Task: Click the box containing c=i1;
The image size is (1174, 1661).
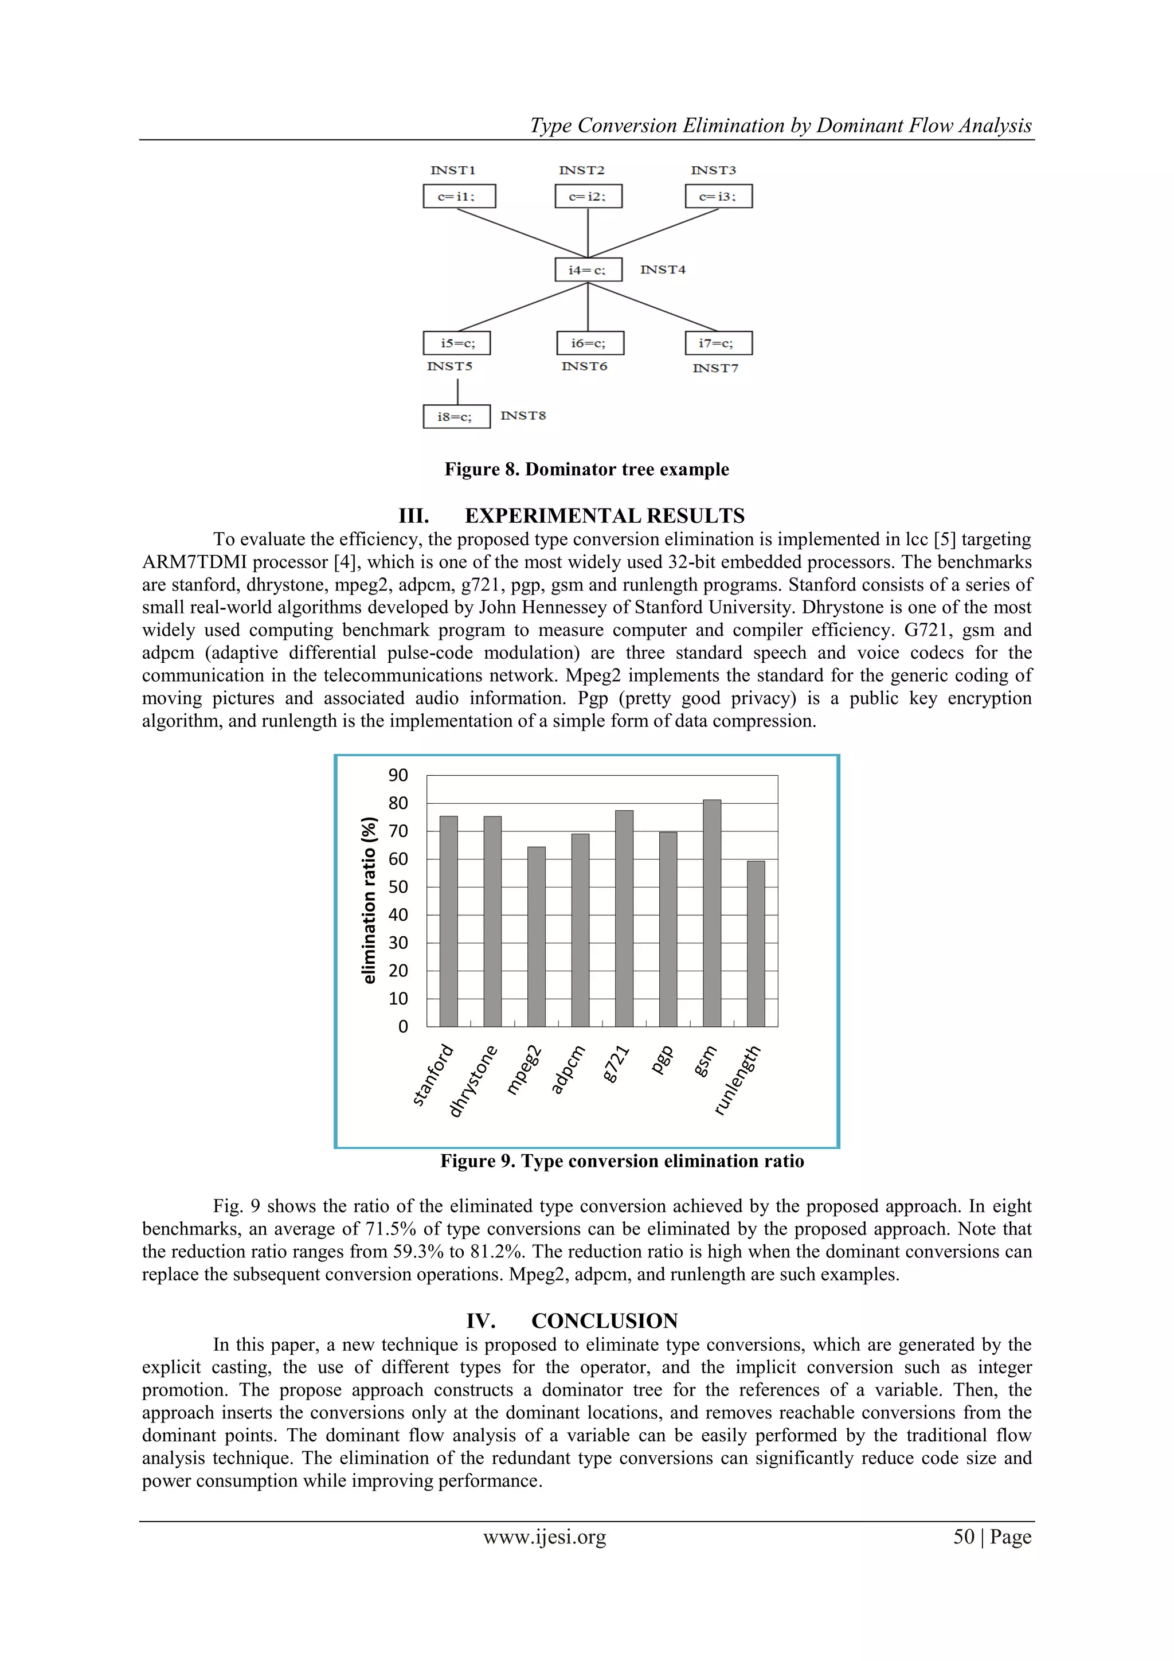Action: pos(459,196)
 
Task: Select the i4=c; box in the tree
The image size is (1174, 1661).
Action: pos(588,270)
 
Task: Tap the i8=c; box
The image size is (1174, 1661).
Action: pos(456,417)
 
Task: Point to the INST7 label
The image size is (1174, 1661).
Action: pos(715,368)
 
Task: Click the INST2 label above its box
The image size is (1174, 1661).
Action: pos(582,170)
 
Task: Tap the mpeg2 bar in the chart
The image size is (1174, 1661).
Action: pos(536,936)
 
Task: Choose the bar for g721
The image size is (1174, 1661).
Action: pos(624,918)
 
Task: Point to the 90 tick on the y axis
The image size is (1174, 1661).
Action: pos(398,776)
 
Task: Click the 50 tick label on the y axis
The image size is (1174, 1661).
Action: pos(398,887)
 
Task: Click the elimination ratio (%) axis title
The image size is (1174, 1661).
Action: pos(369,900)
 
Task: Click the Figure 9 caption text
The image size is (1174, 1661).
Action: pos(621,1161)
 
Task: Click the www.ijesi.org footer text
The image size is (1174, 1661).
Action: pos(544,1537)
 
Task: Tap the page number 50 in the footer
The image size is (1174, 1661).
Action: pos(964,1537)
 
